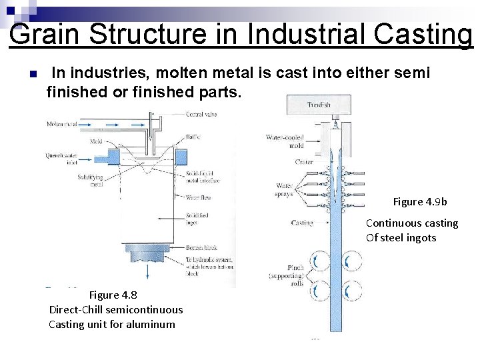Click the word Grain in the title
coord(45,34)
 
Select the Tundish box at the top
coord(319,105)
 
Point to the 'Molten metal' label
coord(62,124)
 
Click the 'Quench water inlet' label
coord(61,159)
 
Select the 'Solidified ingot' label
coord(197,219)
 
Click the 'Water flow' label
coord(199,197)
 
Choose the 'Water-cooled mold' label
coord(285,141)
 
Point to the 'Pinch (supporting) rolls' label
coord(287,275)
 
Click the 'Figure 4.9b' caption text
coord(420,201)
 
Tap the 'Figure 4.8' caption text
coord(113,295)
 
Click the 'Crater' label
coord(303,162)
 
